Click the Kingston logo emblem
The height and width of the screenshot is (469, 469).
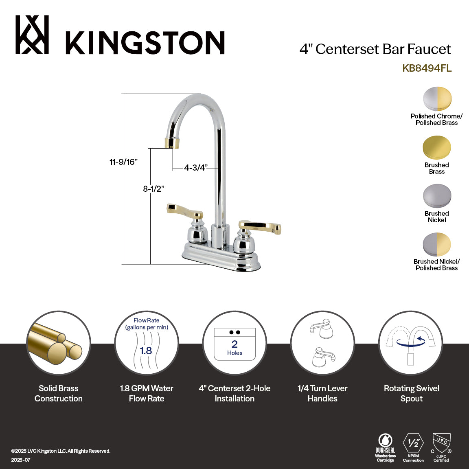[x=32, y=35]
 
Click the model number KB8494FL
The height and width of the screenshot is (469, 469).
[x=427, y=68]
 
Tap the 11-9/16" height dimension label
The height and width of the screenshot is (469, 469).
[x=123, y=162]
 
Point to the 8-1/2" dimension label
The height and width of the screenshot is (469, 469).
[x=153, y=189]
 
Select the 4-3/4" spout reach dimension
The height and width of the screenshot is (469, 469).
[x=196, y=168]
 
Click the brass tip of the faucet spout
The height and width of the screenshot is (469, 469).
[x=172, y=143]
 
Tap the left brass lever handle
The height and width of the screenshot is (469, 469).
[x=184, y=210]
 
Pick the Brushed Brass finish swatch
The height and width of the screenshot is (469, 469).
[x=437, y=147]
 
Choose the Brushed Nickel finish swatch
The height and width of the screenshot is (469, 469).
[x=437, y=196]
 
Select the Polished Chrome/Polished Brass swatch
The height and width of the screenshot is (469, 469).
[x=437, y=99]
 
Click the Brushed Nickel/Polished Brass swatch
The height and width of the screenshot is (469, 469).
[x=437, y=244]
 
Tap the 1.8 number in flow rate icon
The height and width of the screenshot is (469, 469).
[x=146, y=351]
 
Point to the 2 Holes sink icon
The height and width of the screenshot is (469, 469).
[x=234, y=344]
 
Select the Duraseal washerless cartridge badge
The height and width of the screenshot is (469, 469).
[x=385, y=447]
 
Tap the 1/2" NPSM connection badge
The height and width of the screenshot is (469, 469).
[x=413, y=447]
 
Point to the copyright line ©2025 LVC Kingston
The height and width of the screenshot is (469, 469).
[x=61, y=451]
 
